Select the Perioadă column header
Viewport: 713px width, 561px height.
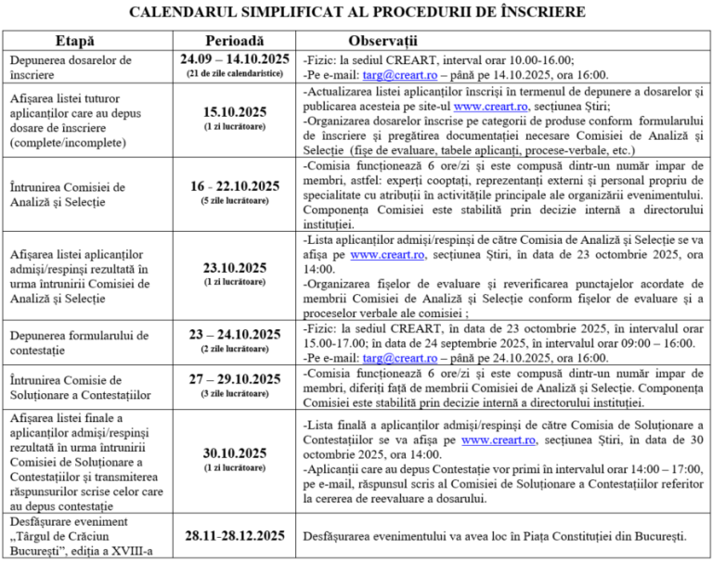point(234,42)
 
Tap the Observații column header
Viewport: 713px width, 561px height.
point(382,42)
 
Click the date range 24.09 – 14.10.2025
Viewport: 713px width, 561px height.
point(235,58)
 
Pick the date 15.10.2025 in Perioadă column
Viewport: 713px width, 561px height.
point(235,112)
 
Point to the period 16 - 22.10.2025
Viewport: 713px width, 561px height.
point(235,185)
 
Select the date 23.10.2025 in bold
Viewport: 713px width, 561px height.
point(235,268)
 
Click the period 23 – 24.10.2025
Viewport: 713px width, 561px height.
point(235,334)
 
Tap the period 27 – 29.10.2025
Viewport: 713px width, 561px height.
point(235,380)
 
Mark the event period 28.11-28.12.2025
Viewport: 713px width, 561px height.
point(235,536)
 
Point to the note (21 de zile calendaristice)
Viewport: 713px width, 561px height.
point(235,72)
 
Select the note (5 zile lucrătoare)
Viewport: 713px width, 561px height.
point(235,200)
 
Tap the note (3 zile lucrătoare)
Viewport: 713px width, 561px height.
point(235,394)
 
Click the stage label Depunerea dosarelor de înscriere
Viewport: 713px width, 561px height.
point(71,67)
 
